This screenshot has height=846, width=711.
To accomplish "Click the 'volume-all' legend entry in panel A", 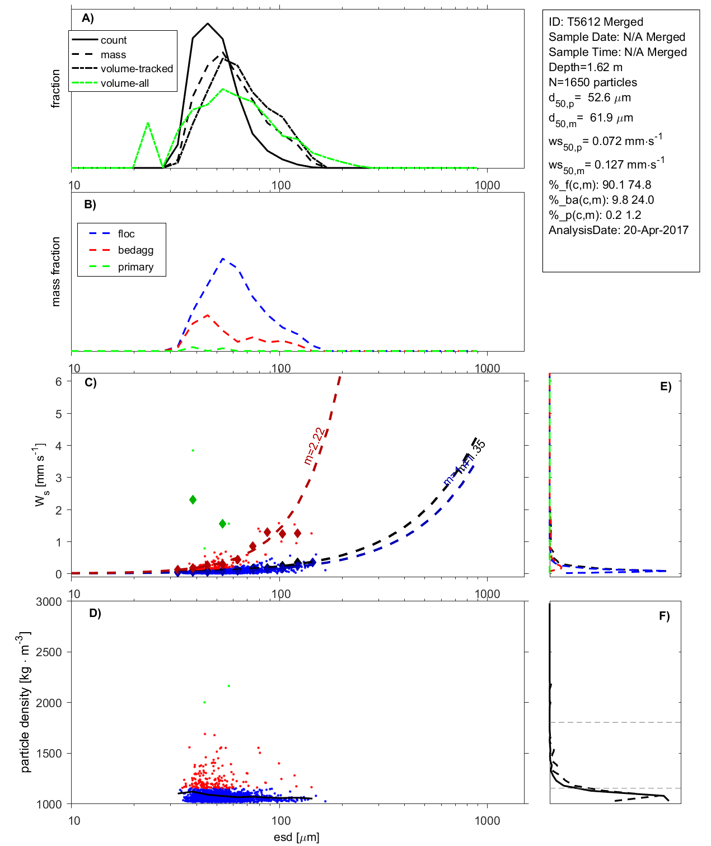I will click(124, 83).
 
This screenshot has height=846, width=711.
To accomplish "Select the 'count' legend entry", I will click(114, 40).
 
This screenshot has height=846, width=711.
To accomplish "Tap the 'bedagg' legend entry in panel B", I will click(135, 250).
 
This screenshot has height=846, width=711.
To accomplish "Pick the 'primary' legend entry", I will click(135, 267).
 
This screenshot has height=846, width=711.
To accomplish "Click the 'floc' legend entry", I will click(126, 234).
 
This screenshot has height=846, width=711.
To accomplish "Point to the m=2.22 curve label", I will click(314, 446).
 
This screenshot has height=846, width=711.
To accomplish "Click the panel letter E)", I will click(665, 386).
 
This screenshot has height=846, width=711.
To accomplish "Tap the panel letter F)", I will click(664, 616).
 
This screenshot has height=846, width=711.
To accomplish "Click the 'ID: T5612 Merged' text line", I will click(596, 22).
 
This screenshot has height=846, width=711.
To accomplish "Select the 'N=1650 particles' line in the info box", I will click(592, 82).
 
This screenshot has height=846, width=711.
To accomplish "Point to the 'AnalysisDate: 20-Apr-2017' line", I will click(618, 230).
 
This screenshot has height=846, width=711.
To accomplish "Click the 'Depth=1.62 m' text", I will click(585, 67).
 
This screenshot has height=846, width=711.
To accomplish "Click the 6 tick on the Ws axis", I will click(58, 381).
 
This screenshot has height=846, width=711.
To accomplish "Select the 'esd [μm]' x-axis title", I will click(296, 837).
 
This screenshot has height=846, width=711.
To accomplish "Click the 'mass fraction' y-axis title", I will click(55, 272).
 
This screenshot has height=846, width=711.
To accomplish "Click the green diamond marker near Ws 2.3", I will click(193, 499).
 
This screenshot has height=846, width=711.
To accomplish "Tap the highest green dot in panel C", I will click(193, 450).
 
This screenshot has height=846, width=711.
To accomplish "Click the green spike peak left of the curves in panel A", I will click(148, 123).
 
